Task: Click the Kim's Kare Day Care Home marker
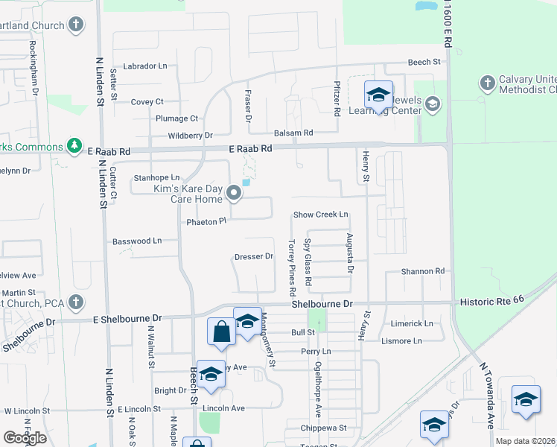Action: (235, 194)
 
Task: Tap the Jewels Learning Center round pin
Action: (431, 106)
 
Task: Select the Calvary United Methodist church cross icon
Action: (487, 83)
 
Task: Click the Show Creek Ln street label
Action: (321, 215)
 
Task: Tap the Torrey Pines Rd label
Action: (293, 264)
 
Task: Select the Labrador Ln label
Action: (145, 66)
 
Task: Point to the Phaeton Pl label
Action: (206, 222)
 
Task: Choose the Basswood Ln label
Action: (137, 241)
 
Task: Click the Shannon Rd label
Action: (423, 271)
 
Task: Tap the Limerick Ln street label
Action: (412, 324)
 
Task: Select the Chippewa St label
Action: (325, 428)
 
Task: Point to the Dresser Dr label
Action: (254, 256)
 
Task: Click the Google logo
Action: (25, 438)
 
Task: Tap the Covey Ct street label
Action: (147, 102)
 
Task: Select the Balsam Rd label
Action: (293, 133)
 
